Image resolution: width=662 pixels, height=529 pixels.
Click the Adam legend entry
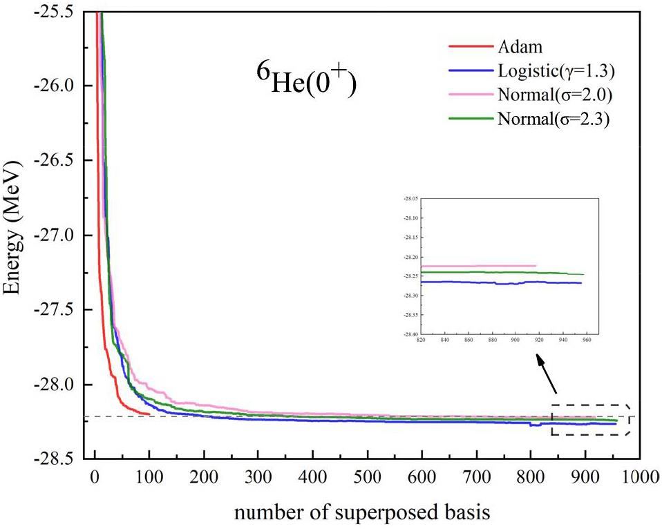click(x=519, y=48)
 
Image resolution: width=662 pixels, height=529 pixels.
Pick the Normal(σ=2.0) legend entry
click(x=552, y=94)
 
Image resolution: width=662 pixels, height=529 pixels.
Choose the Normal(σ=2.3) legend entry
click(x=552, y=117)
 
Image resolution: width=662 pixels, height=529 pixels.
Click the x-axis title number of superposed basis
click(x=362, y=512)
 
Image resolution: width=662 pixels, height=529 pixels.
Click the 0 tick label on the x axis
click(x=95, y=477)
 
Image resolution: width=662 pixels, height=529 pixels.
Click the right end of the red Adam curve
click(x=149, y=414)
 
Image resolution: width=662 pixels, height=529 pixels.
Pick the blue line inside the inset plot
click(x=498, y=282)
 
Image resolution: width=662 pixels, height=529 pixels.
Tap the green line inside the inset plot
click(x=498, y=272)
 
